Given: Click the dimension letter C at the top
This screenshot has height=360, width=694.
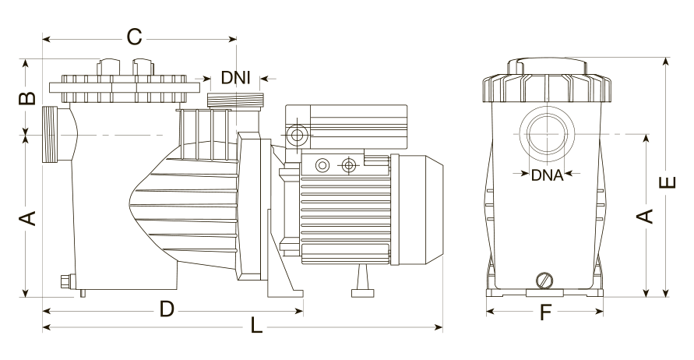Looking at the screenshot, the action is tap(134, 37).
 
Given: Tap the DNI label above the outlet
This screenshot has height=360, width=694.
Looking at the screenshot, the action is tap(236, 79).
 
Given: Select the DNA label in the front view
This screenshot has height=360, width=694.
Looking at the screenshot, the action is tap(547, 175).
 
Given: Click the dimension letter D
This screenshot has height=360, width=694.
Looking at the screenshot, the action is tap(167, 309).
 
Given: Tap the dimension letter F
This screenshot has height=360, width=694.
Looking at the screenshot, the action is tap(545, 313).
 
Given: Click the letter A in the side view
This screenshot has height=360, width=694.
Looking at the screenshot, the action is tap(27, 218).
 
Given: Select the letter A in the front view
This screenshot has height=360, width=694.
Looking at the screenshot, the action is tap(645, 216).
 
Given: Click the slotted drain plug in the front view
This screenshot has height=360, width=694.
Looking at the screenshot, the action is tap(545, 281).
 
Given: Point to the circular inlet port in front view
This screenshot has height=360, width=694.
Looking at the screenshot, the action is tap(548, 134).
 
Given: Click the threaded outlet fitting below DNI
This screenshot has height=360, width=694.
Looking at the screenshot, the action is tap(235, 100).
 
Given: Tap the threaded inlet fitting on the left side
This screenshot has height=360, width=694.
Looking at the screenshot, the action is tap(51, 135).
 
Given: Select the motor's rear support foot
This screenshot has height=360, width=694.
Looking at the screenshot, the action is tap(363, 281).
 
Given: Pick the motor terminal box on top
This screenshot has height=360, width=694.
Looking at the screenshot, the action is tap(346, 127).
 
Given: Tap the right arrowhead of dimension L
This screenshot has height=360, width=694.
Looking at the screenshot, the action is tap(439, 328).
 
